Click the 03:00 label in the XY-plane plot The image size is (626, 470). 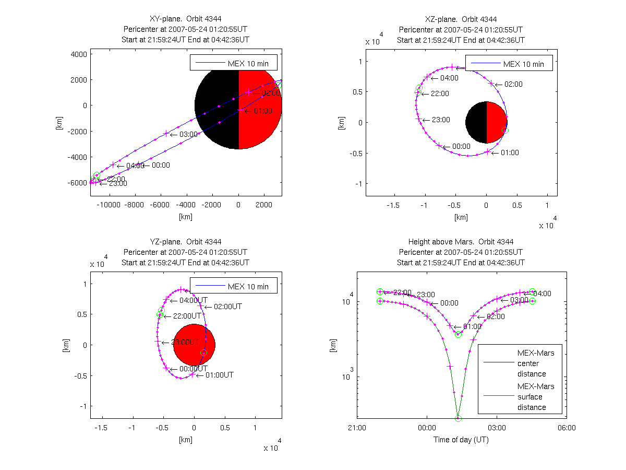pyautogui.click(x=188, y=134)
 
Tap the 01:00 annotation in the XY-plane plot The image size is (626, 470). pyautogui.click(x=263, y=111)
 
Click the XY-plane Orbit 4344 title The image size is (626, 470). pyautogui.click(x=186, y=19)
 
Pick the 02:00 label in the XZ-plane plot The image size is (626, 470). pyautogui.click(x=513, y=84)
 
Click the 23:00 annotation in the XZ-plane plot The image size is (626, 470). pyautogui.click(x=441, y=120)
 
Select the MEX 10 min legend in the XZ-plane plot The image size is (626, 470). pyautogui.click(x=509, y=64)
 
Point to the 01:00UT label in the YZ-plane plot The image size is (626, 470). pyautogui.click(x=220, y=375)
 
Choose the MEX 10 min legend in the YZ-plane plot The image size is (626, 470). pyautogui.click(x=233, y=286)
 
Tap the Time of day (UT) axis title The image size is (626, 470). pyautogui.click(x=461, y=440)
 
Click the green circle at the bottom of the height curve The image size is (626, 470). pyautogui.click(x=458, y=418)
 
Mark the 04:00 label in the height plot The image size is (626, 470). pyautogui.click(x=543, y=293)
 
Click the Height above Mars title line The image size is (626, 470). pyautogui.click(x=461, y=242)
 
